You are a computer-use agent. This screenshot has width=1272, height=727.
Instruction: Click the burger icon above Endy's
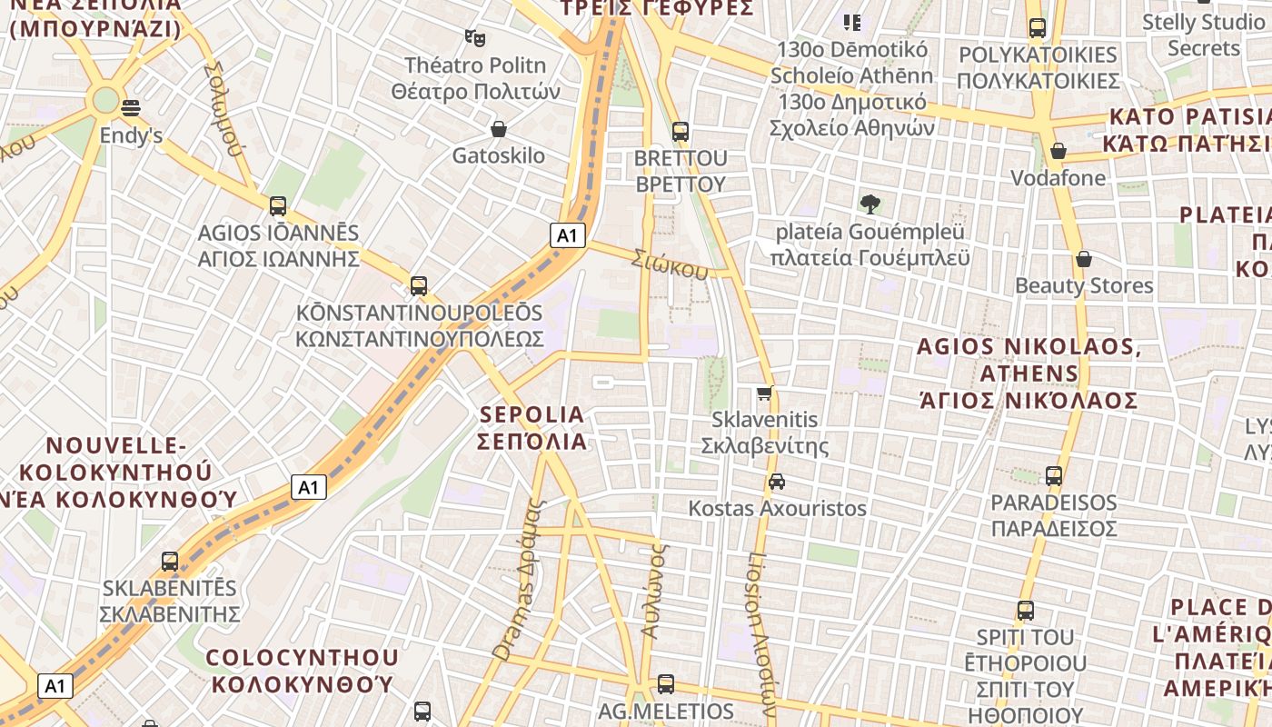click(131, 107)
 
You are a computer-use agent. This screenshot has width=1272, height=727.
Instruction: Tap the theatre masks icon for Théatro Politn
click(474, 37)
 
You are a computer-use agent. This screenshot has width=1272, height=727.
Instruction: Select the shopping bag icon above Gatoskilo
click(498, 129)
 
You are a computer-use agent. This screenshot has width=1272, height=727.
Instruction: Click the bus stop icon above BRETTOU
click(681, 131)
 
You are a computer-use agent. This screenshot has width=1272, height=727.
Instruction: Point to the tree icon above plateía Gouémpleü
click(870, 204)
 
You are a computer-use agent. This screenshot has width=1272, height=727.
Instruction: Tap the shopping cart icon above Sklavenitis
click(765, 393)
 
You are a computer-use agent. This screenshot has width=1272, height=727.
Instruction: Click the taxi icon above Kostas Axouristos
click(777, 481)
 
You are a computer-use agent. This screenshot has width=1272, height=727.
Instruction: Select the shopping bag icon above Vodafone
click(1058, 150)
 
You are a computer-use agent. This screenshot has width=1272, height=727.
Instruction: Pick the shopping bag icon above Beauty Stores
click(1083, 259)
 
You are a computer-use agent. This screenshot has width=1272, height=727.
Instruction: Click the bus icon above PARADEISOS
click(1054, 475)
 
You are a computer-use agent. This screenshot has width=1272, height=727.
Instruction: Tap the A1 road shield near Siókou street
click(566, 235)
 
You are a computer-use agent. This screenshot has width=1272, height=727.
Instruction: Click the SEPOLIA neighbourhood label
click(532, 427)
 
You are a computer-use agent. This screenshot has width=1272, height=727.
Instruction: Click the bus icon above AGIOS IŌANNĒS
click(278, 206)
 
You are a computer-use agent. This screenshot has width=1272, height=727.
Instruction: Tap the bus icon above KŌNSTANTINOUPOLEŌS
click(419, 286)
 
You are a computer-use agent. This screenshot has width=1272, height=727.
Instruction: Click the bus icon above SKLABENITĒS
click(170, 561)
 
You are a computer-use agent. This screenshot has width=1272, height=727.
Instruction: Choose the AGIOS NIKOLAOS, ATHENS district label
click(1029, 373)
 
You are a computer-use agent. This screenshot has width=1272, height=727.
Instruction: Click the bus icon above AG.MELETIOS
click(666, 684)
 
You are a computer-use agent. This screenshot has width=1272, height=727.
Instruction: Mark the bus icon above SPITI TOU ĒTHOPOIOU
click(1026, 610)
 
